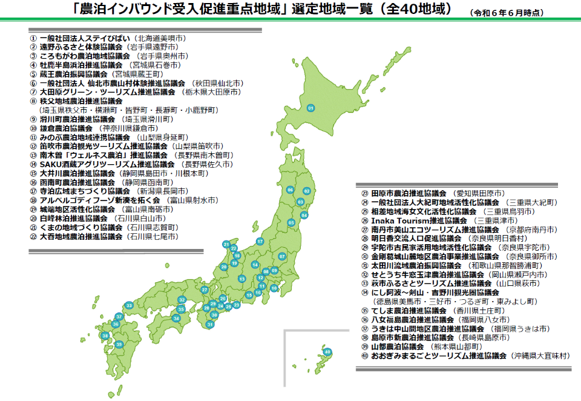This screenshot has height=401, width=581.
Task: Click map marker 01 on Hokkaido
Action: click(x=311, y=108)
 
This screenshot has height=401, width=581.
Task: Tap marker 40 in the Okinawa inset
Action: click(x=327, y=352)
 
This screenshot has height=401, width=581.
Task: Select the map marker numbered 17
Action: click(x=260, y=242)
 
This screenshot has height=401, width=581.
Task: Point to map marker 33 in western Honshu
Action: click(x=128, y=305)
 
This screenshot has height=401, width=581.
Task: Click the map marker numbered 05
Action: click(x=291, y=223)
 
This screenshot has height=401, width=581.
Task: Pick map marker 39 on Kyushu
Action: click(x=119, y=344)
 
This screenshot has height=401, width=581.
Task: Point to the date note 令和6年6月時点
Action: click(x=507, y=12)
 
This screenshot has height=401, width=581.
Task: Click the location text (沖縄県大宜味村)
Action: click(x=540, y=356)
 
